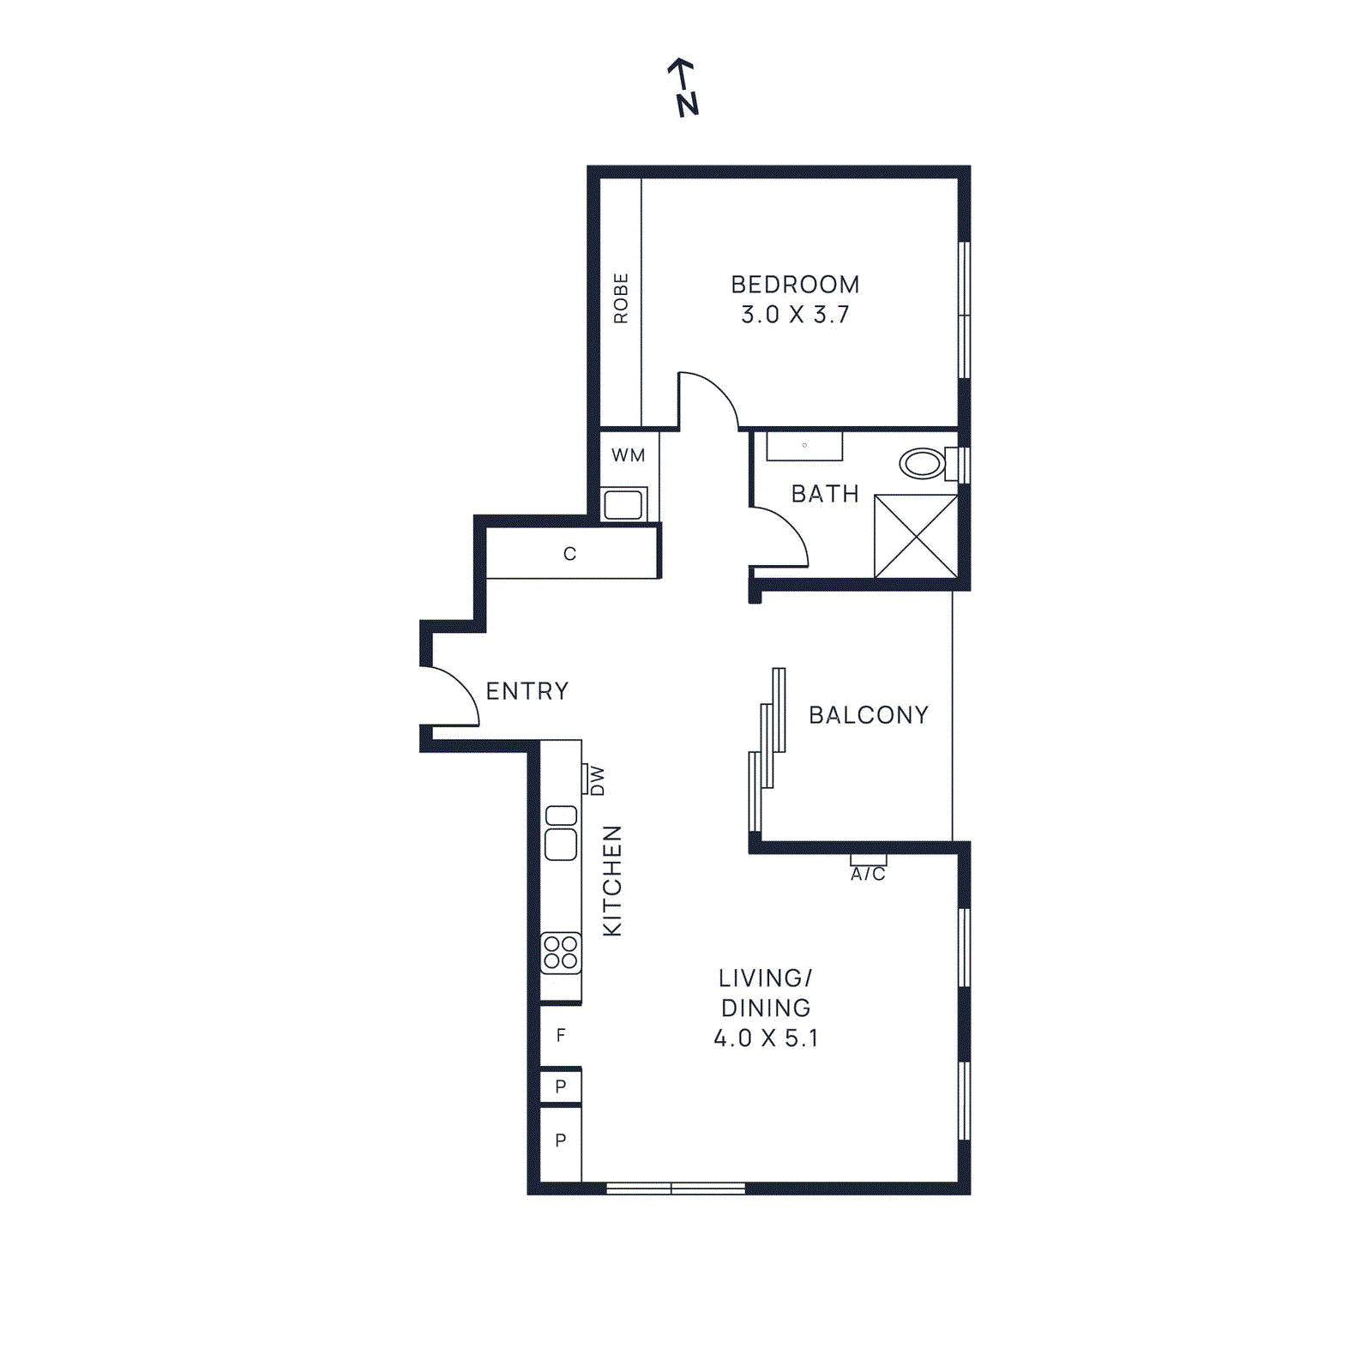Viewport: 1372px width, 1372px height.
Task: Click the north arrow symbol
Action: pyautogui.click(x=683, y=87)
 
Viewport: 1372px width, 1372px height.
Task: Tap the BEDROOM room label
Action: pyautogui.click(x=795, y=284)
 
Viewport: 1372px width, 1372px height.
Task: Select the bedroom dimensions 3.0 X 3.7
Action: pyautogui.click(x=795, y=315)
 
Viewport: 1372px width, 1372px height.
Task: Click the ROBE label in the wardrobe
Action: pyautogui.click(x=621, y=298)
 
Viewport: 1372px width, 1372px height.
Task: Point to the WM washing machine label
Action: pyautogui.click(x=628, y=455)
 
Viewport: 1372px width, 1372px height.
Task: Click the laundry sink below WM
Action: pyautogui.click(x=623, y=504)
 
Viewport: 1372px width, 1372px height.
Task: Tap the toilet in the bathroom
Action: pyautogui.click(x=923, y=464)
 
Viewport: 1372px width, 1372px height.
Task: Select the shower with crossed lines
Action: pyautogui.click(x=916, y=536)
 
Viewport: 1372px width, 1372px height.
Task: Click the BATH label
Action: pyautogui.click(x=825, y=494)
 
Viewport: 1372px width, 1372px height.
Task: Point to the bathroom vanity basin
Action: pyautogui.click(x=804, y=446)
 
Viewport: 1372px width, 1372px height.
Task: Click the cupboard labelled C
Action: pyautogui.click(x=570, y=554)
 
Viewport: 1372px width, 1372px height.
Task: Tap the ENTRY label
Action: pyautogui.click(x=527, y=691)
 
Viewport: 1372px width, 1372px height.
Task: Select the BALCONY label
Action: pyautogui.click(x=868, y=715)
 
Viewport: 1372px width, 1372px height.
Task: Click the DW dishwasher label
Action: pyautogui.click(x=597, y=780)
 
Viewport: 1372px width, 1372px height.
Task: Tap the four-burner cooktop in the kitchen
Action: pyautogui.click(x=561, y=953)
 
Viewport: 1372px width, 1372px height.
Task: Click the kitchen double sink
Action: pyautogui.click(x=561, y=832)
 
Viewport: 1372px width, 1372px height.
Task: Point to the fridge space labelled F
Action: pyautogui.click(x=561, y=1036)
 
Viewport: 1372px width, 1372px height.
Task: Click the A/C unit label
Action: pyautogui.click(x=868, y=874)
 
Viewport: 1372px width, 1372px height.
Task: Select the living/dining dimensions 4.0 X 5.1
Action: pyautogui.click(x=766, y=1038)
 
